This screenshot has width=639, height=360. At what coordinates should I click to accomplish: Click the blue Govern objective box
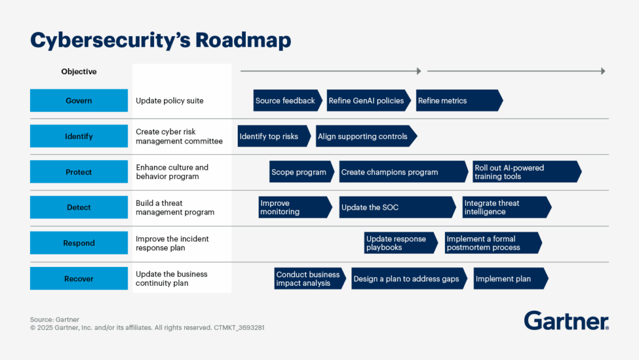click(x=79, y=100)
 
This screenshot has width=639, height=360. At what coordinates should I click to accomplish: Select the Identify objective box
click(x=79, y=136)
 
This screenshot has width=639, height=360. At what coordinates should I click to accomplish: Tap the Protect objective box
click(x=79, y=172)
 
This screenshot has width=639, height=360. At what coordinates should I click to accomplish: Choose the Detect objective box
click(x=79, y=207)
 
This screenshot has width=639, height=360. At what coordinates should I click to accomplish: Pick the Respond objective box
click(x=79, y=243)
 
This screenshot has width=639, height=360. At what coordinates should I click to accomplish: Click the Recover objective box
click(x=79, y=279)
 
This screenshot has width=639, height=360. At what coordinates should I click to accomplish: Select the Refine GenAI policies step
click(x=367, y=100)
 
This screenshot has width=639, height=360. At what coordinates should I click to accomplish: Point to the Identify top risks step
click(x=272, y=136)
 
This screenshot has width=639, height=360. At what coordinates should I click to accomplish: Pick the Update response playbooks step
click(x=399, y=243)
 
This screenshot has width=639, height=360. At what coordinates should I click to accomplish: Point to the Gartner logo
click(x=566, y=320)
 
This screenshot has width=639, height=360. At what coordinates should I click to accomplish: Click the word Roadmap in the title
click(x=243, y=40)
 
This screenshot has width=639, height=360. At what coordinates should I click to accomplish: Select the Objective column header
click(x=79, y=72)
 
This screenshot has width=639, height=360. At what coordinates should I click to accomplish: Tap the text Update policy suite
click(x=170, y=100)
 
